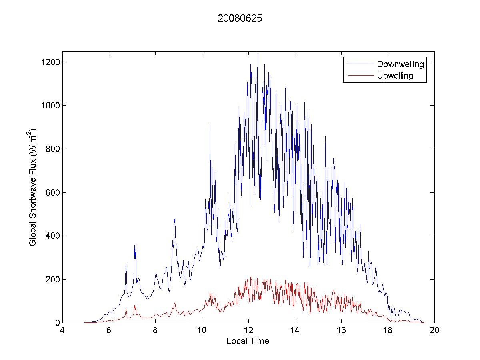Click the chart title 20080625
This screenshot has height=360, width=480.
click(x=240, y=19)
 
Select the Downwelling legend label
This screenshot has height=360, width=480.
click(x=400, y=64)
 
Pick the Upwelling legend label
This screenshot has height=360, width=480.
click(x=395, y=76)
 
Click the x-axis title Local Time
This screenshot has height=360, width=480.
click(x=248, y=341)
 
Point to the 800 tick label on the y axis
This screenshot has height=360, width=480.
click(x=51, y=149)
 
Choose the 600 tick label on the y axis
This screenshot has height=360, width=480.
click(x=51, y=192)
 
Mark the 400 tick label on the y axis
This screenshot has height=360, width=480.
click(x=51, y=236)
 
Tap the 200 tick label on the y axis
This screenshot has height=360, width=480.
click(x=51, y=279)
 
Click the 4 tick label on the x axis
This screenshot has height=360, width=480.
click(x=62, y=330)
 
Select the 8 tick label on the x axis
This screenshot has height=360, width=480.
click(x=155, y=330)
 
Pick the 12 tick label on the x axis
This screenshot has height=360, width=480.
click(x=248, y=330)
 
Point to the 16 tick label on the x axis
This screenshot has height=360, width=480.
click(x=341, y=330)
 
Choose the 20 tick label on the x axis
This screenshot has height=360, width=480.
click(x=434, y=330)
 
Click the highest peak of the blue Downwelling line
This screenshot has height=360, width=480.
click(x=258, y=54)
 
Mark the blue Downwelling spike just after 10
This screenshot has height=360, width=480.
click(x=210, y=125)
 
